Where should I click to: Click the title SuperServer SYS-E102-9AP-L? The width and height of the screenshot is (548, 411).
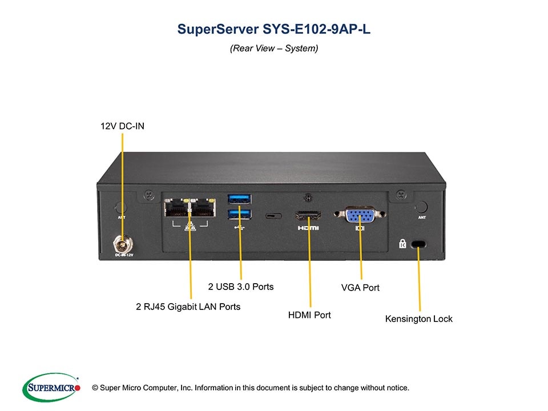[x=274, y=29]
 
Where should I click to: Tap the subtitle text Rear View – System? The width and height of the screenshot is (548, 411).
[x=274, y=49]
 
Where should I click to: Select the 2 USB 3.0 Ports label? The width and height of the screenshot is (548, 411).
[x=240, y=286]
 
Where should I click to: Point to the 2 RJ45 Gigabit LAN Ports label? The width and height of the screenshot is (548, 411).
[x=188, y=307]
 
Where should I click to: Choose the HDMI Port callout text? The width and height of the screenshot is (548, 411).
[x=309, y=315]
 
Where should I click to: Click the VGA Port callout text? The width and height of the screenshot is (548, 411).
[x=360, y=287]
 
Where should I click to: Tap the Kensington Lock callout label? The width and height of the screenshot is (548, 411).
[x=418, y=319]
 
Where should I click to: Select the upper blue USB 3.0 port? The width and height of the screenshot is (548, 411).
[x=239, y=199]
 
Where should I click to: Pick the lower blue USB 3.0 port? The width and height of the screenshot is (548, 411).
[x=239, y=213]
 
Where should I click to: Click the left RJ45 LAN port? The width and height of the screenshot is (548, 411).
[x=176, y=208]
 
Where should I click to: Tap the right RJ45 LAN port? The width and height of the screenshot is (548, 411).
[x=202, y=208]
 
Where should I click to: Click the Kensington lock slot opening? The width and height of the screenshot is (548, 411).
[x=419, y=244]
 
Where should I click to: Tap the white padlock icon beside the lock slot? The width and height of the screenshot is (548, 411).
[x=402, y=244]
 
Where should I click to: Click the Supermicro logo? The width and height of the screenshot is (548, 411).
[x=51, y=388]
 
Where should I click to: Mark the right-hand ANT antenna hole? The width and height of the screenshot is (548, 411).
[x=421, y=207]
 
